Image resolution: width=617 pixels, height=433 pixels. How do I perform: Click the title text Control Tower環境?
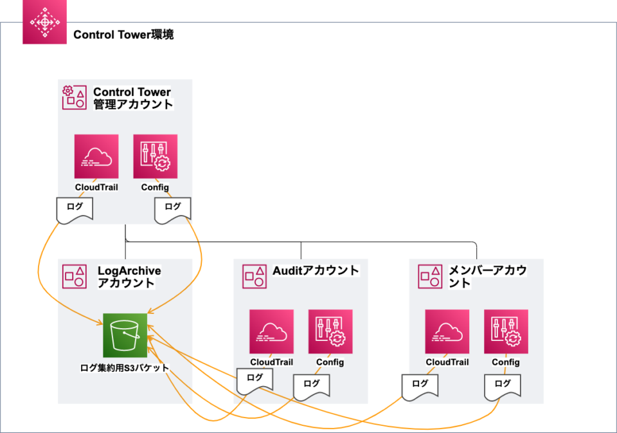point(123,35)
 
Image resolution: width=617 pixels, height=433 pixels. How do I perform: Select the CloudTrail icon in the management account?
point(96,156)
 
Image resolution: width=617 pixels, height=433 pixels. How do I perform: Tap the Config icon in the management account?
point(155,156)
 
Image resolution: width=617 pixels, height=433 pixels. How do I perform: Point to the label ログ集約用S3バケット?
point(125,368)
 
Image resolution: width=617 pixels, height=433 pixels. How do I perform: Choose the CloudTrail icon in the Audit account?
point(271,331)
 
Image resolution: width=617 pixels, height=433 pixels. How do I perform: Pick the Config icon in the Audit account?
point(330,331)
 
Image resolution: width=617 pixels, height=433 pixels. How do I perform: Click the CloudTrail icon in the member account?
point(447,331)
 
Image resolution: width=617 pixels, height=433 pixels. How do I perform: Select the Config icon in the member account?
point(506,331)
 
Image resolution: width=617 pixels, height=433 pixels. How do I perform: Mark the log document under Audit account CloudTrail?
point(255,380)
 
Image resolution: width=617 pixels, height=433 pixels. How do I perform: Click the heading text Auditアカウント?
point(316,270)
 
